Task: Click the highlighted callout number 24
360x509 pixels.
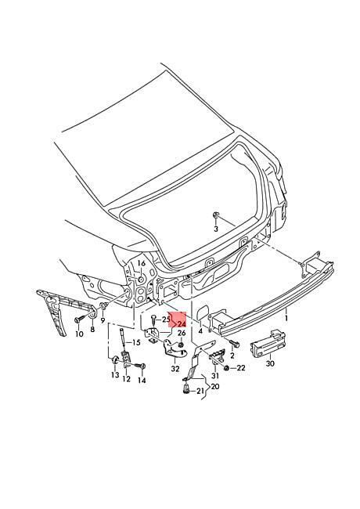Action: click(182, 324)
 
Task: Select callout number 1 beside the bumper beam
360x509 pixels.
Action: click(286, 319)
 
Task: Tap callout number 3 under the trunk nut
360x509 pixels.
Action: click(216, 229)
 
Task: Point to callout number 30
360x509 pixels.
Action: click(270, 363)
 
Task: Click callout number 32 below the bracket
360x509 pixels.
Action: click(175, 369)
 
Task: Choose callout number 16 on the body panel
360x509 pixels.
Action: click(142, 263)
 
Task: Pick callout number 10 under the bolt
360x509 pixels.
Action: click(79, 334)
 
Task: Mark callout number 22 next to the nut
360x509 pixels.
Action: click(241, 368)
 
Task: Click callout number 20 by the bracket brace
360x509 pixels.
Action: click(215, 386)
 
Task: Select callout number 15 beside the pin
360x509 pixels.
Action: click(136, 342)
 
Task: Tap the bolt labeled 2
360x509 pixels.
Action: click(233, 342)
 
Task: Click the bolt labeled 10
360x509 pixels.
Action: click(77, 320)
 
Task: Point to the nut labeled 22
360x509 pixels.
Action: click(227, 367)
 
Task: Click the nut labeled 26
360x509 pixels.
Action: click(182, 344)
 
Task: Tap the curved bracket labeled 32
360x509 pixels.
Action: click(174, 350)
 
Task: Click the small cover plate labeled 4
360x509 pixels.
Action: click(203, 312)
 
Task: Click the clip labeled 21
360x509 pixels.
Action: click(187, 388)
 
